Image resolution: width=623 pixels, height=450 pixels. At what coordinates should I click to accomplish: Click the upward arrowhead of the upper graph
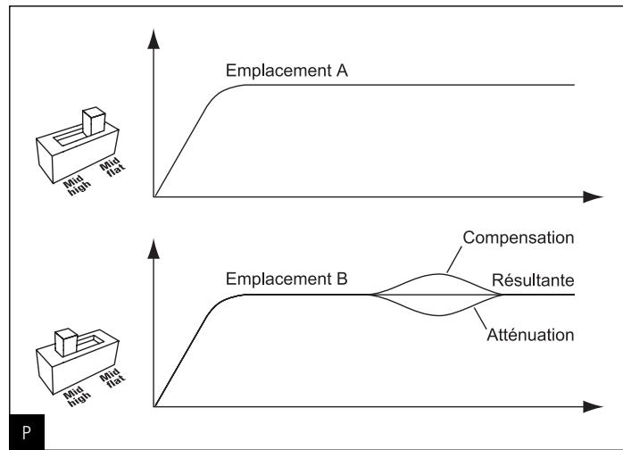click(154, 38)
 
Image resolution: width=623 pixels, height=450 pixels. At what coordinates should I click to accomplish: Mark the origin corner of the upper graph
click(154, 196)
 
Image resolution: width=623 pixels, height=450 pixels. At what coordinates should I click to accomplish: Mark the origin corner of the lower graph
click(154, 406)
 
